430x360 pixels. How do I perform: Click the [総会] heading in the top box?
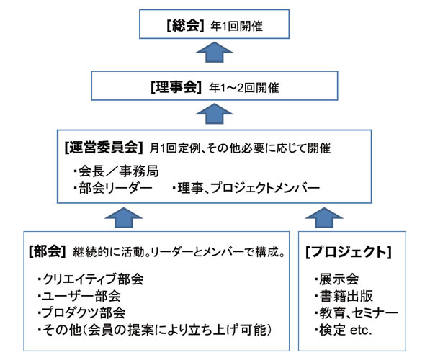pos(185,26)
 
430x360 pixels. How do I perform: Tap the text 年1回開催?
pos(236,27)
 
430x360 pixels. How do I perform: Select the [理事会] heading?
pos(176,87)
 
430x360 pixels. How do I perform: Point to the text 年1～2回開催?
pos(243,88)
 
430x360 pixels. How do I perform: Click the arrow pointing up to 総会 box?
pos(215,52)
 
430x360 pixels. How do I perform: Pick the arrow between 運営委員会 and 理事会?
pos(215,113)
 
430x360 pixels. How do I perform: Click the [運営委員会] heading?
pos(104,148)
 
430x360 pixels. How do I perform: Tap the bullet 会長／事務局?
pos(116,171)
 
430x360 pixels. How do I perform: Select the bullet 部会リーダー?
pos(113,189)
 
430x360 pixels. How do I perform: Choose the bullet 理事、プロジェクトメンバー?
pos(246,189)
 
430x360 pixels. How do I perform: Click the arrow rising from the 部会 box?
pos(124,217)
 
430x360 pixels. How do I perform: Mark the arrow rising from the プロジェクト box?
pos(324,217)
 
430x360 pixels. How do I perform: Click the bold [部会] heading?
pos(47,252)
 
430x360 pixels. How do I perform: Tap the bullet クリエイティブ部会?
pos(91,279)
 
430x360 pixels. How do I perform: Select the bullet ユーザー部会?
pos(79,296)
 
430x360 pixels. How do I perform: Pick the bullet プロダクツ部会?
pos(81,313)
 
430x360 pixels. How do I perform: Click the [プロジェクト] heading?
pos(349,252)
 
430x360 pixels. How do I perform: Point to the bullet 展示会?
pos(337,279)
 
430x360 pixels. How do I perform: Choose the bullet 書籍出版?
pos(344,296)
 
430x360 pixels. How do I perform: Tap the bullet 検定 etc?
pos(343,330)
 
